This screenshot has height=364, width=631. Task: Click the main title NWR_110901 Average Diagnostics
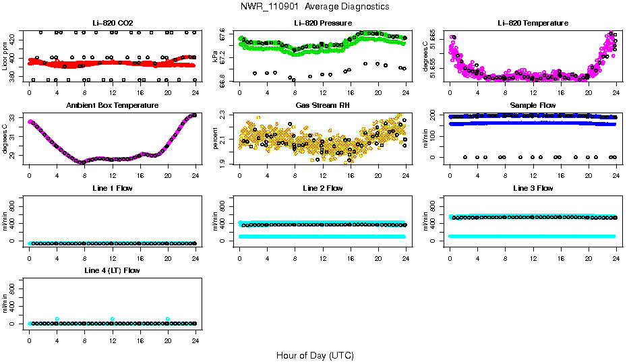(x=315, y=6)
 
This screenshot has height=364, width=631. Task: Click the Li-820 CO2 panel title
(x=113, y=23)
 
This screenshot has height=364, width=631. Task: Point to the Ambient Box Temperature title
(x=113, y=106)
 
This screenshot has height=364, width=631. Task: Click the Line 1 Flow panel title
(x=113, y=188)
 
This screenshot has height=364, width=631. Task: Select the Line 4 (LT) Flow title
(x=113, y=270)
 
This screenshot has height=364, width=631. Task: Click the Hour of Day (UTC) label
(x=315, y=355)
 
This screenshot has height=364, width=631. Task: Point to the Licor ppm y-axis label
(x=5, y=56)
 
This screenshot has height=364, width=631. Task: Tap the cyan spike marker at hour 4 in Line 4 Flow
(x=57, y=319)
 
